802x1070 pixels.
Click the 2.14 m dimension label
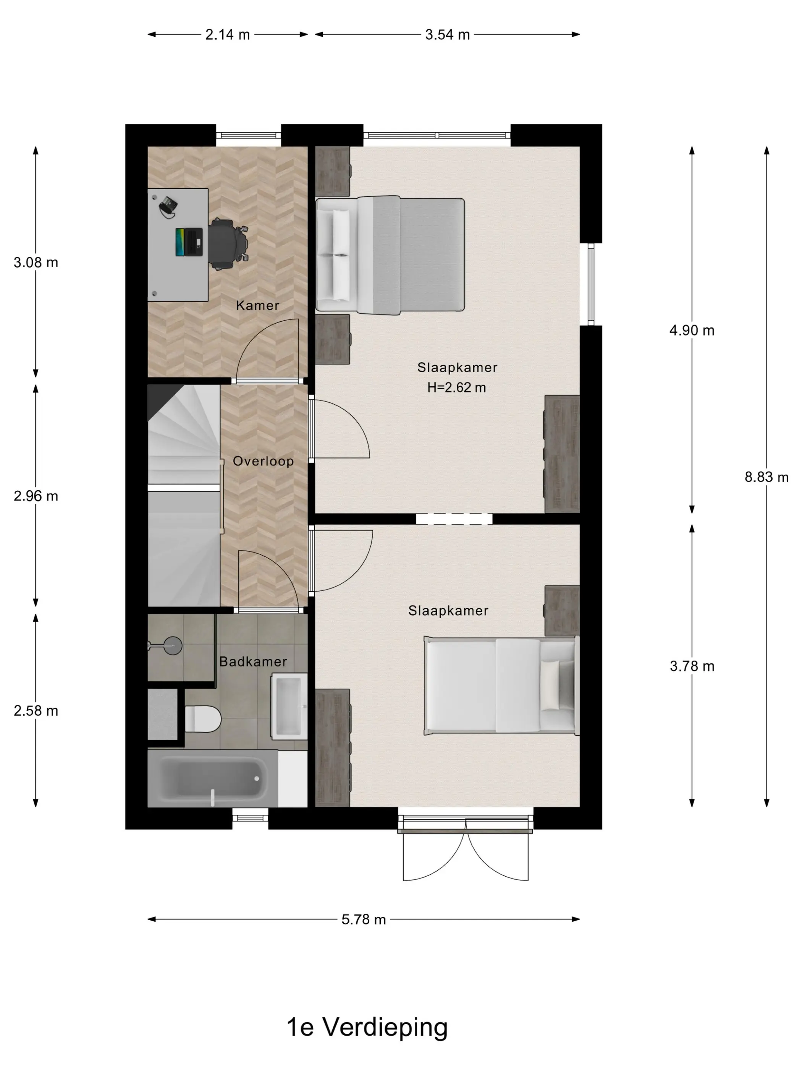[x=227, y=35]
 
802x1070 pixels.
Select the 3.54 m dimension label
[x=447, y=35]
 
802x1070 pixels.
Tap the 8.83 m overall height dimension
[x=766, y=477]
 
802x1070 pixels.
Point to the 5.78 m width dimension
[x=364, y=919]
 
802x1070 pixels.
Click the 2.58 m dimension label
[x=36, y=710]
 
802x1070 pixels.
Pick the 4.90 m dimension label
[x=692, y=331]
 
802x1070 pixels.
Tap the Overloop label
[x=263, y=461]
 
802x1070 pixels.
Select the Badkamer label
[x=253, y=661]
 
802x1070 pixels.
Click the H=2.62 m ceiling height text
[x=456, y=387]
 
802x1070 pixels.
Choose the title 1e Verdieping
[x=367, y=1027]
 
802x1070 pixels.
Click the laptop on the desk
[x=189, y=242]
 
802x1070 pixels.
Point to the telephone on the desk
[x=168, y=207]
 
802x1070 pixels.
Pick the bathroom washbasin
[x=289, y=707]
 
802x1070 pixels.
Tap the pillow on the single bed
[x=550, y=686]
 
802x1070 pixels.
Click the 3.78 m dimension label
[x=692, y=666]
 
